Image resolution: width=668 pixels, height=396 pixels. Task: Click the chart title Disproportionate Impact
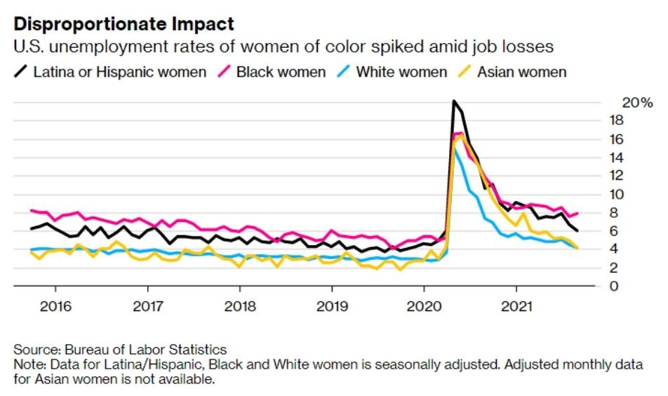click(124, 24)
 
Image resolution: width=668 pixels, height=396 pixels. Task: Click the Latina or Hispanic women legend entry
click(119, 72)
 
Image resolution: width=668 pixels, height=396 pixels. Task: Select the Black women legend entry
click(281, 72)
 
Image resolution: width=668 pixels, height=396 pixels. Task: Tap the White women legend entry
click(401, 72)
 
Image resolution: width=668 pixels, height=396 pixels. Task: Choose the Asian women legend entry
click(521, 72)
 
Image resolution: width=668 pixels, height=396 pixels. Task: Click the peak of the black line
click(454, 101)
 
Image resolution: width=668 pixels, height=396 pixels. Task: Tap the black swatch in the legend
click(21, 72)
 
